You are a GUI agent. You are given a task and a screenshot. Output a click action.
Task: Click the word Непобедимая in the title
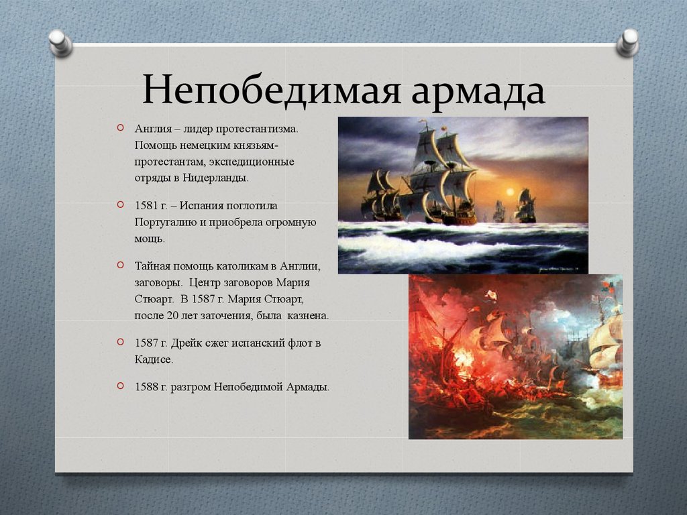pyautogui.click(x=271, y=91)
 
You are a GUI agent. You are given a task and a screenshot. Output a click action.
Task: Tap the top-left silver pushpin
pyautogui.click(x=60, y=43)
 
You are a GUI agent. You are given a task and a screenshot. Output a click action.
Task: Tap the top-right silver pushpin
pyautogui.click(x=627, y=43)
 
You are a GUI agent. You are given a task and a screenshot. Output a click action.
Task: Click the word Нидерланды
pyautogui.click(x=215, y=178)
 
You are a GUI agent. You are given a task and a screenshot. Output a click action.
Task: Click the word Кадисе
pyautogui.click(x=154, y=359)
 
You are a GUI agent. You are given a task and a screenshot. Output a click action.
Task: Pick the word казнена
pyautogui.click(x=308, y=315)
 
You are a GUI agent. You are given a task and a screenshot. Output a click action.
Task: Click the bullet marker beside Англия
pyautogui.click(x=121, y=128)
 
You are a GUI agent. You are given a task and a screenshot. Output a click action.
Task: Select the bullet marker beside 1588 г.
pyautogui.click(x=121, y=386)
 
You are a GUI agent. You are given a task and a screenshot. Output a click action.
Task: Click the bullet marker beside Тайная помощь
pyautogui.click(x=121, y=264)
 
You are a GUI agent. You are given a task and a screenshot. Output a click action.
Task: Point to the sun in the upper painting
pyautogui.click(x=510, y=191)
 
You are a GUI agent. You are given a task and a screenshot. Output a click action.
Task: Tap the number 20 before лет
pyautogui.click(x=172, y=315)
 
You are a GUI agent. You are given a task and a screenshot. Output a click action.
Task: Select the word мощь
pyautogui.click(x=150, y=239)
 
